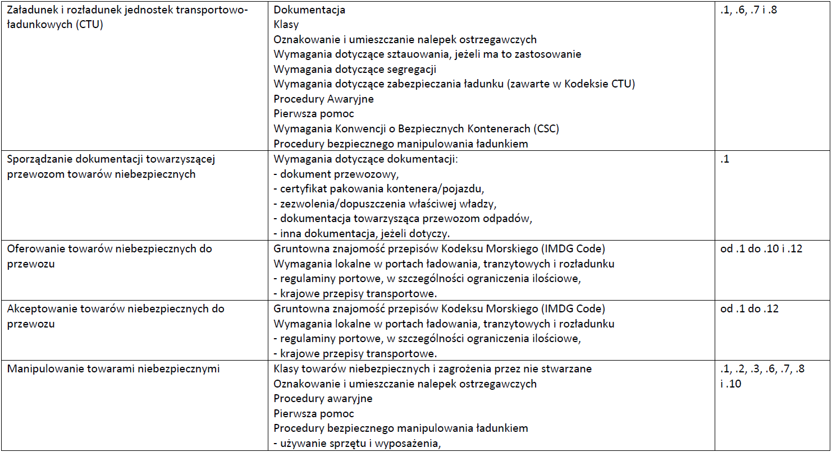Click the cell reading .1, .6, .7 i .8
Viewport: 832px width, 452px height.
click(x=748, y=10)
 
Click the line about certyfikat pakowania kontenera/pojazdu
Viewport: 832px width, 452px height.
click(x=378, y=188)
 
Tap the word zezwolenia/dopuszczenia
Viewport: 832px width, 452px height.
click(x=337, y=203)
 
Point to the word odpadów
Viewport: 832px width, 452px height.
click(x=509, y=218)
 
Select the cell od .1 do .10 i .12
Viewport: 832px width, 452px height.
click(x=761, y=248)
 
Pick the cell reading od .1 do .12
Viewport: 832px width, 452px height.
click(x=749, y=308)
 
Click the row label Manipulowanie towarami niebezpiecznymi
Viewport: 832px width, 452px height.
click(x=113, y=368)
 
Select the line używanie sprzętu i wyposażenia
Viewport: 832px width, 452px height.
click(x=356, y=443)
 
